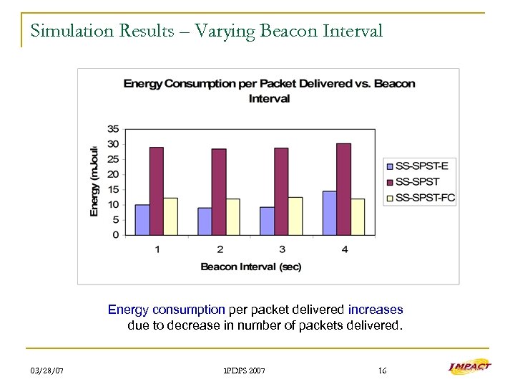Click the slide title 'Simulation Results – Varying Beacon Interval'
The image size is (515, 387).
207,32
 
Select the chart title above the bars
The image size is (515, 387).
269,91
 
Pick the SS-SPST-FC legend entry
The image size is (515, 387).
425,197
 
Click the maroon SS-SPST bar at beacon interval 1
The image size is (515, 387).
156,191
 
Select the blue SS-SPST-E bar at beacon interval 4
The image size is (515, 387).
330,213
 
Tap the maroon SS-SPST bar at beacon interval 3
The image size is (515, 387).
281,191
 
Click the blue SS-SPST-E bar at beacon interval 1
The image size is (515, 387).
142,219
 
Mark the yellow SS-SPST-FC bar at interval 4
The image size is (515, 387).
358,216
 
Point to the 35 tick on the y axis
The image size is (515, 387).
113,129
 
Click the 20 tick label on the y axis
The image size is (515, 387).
113,174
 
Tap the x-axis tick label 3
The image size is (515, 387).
282,249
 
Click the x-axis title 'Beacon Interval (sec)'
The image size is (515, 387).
250,267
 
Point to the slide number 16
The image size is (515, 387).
382,371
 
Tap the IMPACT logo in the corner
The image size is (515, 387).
469,366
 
